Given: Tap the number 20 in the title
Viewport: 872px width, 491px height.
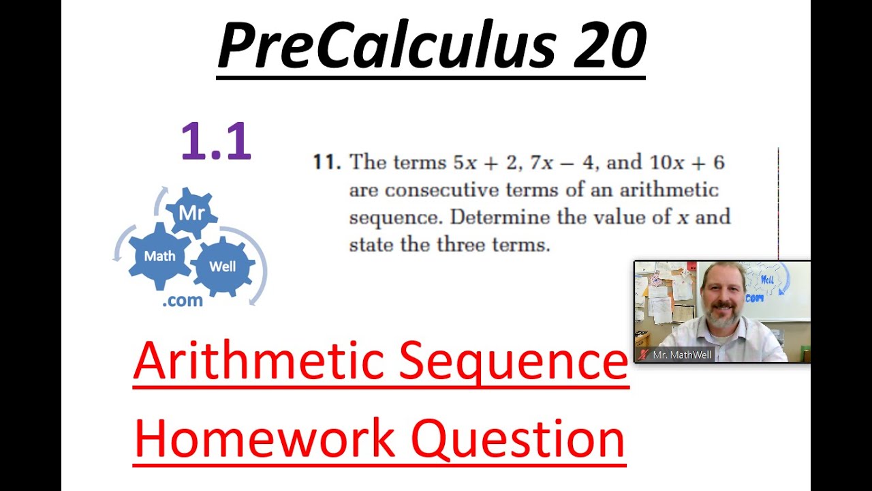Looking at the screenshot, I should pos(608,46).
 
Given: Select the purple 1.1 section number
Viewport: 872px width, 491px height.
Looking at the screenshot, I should pos(216,141).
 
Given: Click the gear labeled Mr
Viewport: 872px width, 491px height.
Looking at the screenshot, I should pos(191,213).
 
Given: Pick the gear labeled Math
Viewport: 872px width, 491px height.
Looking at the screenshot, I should pos(159,256).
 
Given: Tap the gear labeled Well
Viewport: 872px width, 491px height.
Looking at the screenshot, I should pos(222,267).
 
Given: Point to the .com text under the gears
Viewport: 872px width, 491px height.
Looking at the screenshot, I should pos(183,301).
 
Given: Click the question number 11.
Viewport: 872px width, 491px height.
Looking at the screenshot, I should pos(326,162).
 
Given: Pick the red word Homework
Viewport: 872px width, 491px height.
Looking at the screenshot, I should pos(264,438).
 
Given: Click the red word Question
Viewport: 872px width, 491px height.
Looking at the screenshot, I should pos(518,438).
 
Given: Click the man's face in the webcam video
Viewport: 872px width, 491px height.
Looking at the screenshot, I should pos(721,297).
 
